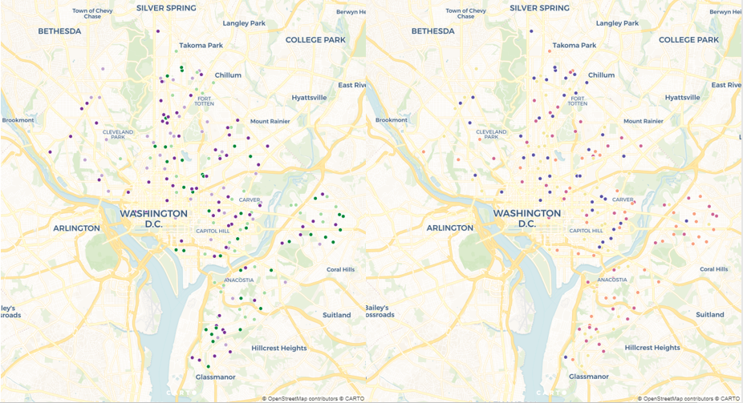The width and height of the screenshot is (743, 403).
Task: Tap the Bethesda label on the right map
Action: tap(432, 30)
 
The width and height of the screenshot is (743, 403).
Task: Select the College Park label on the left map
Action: tap(316, 39)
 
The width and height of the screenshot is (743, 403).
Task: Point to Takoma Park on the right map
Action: tap(574, 46)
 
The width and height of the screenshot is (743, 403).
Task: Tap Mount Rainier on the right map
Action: tap(643, 121)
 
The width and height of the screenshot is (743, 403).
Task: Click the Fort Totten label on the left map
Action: tap(204, 101)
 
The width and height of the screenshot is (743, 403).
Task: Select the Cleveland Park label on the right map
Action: tap(491, 135)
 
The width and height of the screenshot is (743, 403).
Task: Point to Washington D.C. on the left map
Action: tap(153, 219)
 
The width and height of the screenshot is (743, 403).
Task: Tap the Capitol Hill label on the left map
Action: tap(213, 231)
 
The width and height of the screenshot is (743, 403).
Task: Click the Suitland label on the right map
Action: tap(709, 315)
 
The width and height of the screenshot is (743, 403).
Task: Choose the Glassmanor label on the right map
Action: tap(588, 376)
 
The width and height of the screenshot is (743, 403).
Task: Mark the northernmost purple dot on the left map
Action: tap(158, 31)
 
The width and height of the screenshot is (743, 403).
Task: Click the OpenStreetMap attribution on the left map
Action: tap(290, 398)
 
